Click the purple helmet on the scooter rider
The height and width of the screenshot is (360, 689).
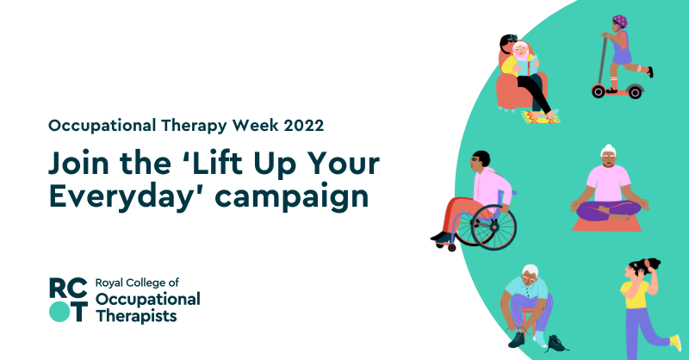point(620,21)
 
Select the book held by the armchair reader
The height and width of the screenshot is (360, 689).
point(522,64)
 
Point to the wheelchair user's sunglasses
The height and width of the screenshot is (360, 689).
point(478,161)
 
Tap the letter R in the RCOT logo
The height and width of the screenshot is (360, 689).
point(59,288)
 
